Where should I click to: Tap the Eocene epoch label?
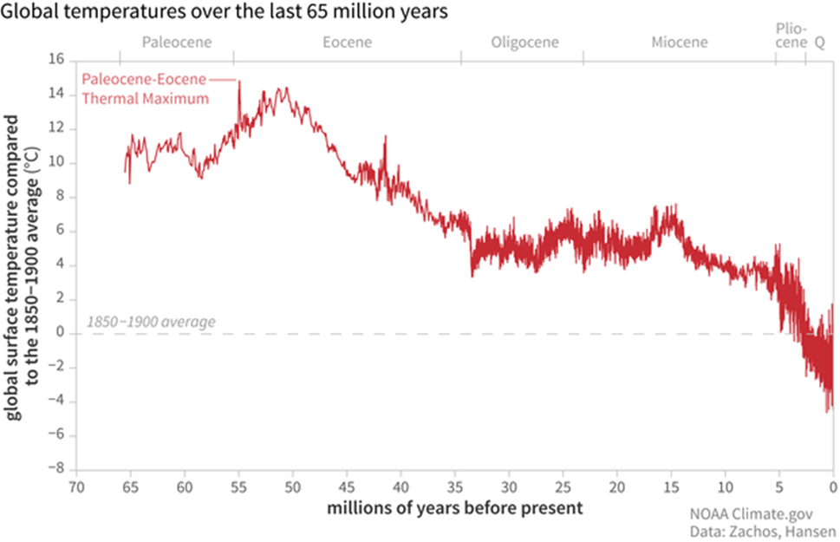[347, 42]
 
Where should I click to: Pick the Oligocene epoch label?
[524, 42]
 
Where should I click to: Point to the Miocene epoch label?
[679, 42]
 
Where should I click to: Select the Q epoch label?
[819, 42]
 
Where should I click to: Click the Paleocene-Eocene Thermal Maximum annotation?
[146, 88]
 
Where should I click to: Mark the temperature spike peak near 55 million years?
[238, 82]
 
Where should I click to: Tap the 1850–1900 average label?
[150, 323]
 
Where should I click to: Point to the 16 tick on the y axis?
[56, 61]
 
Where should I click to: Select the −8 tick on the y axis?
[55, 469]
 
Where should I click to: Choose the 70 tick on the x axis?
[76, 486]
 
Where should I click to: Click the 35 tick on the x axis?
[455, 486]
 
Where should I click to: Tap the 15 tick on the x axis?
[672, 486]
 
